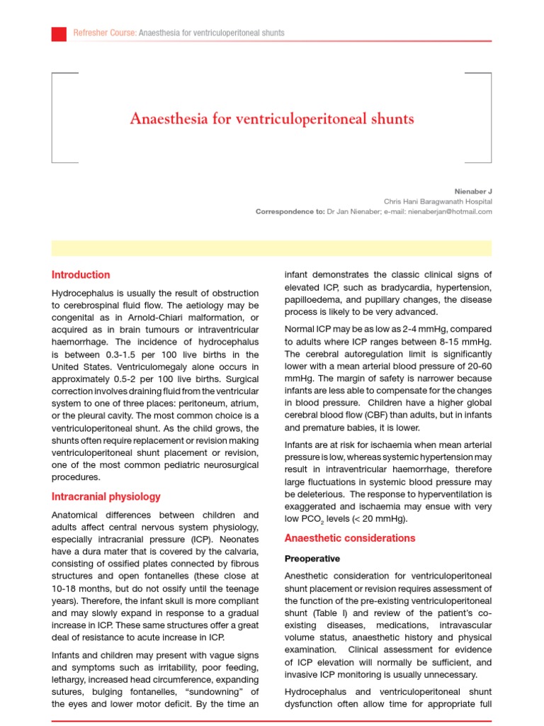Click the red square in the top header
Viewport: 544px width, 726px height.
point(59,33)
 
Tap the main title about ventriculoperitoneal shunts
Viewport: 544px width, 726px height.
point(272,118)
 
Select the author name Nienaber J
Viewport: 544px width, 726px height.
point(472,191)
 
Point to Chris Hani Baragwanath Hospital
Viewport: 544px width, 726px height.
point(438,201)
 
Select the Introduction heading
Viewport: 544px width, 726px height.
point(81,275)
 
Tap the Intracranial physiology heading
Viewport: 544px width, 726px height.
point(106,497)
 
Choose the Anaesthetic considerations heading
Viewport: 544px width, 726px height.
point(350,538)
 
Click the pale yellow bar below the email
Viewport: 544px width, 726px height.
point(272,247)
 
